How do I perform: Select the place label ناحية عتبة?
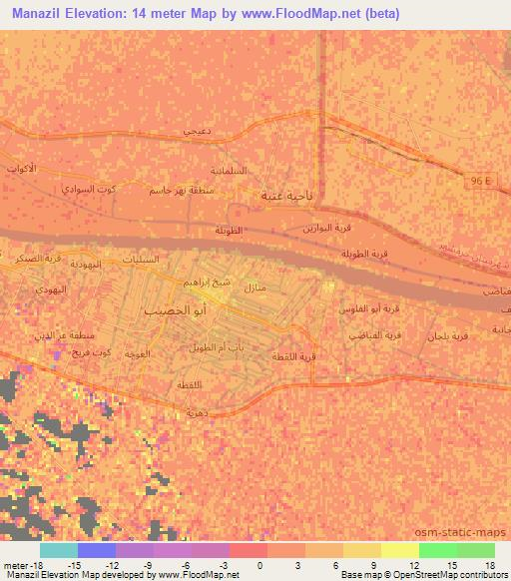pos(282,196)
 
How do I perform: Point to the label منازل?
pos(255,288)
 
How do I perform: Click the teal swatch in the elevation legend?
pos(58,549)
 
